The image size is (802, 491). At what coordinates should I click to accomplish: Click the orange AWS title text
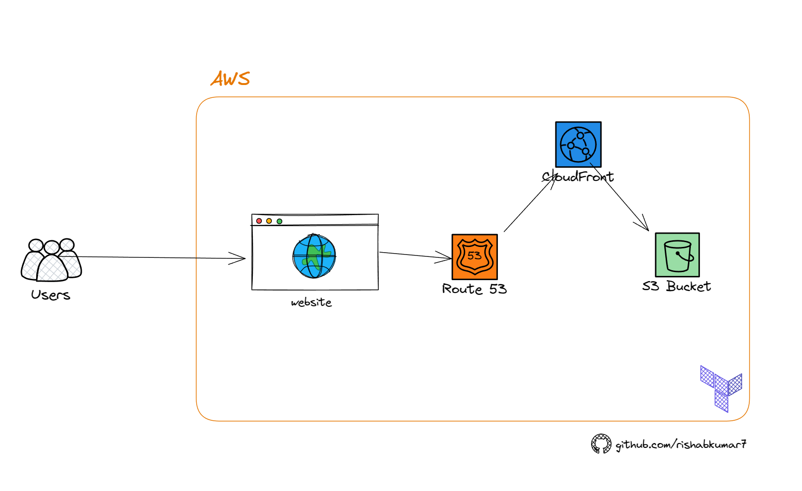point(230,78)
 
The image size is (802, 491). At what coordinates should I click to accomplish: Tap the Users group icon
point(51,260)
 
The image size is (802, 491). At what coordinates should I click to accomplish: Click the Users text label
point(50,295)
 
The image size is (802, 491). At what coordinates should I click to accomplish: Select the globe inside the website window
point(314,256)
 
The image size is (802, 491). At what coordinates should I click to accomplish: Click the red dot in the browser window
point(259,221)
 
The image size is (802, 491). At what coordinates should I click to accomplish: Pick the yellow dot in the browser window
point(269,221)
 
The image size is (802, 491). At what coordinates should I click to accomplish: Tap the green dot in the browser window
point(279,221)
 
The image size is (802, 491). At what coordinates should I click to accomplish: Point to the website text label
point(311,302)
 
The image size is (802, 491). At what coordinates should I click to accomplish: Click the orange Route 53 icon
point(475,256)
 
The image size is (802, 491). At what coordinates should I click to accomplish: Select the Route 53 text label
point(474,289)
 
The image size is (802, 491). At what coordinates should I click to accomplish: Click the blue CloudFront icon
point(578,144)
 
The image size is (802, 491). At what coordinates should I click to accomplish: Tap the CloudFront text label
point(578,177)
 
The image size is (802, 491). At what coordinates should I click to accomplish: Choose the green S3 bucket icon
point(677,255)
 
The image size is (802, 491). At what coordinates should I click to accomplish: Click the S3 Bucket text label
point(677,286)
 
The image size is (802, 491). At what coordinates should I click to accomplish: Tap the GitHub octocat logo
point(601,444)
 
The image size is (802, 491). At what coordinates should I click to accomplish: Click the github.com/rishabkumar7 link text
point(681,444)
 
